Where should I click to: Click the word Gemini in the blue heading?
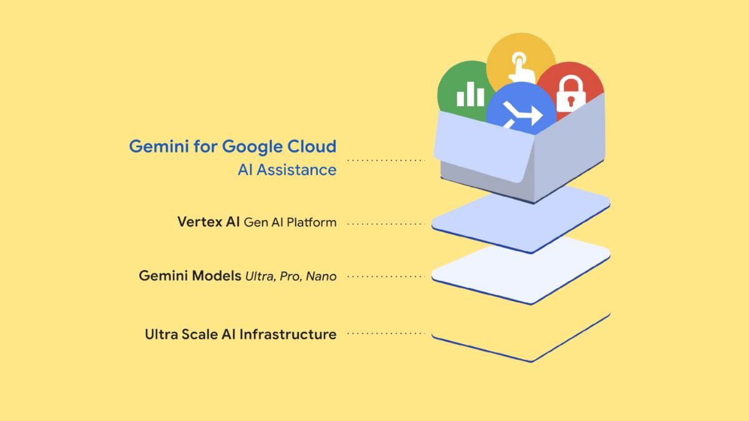[x=159, y=147]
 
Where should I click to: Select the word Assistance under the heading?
[x=296, y=170]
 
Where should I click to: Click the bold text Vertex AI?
[x=208, y=222]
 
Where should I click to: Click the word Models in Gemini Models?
[x=217, y=275]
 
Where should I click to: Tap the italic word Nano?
[x=321, y=277]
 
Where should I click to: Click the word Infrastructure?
[x=288, y=334]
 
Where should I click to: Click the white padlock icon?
[x=570, y=94]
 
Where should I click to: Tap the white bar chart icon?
[x=471, y=94]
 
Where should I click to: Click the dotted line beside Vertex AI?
[x=386, y=224]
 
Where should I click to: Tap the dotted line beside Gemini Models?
[x=386, y=277]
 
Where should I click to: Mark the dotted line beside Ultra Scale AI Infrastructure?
[x=386, y=334]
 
